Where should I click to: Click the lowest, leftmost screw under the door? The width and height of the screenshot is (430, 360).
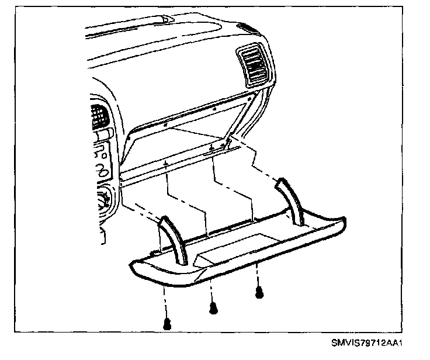coord(167,323)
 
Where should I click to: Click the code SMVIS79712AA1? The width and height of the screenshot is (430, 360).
coord(369,343)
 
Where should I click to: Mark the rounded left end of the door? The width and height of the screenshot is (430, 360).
coord(137,271)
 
